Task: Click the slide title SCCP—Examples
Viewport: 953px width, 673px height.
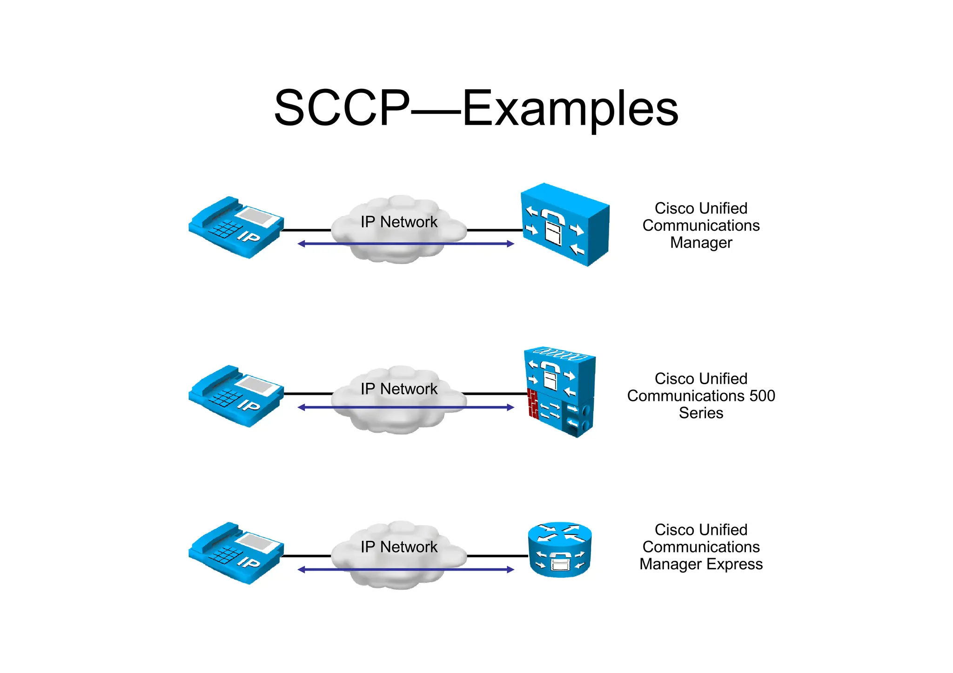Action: (x=476, y=108)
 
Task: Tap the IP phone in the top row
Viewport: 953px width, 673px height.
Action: (x=236, y=227)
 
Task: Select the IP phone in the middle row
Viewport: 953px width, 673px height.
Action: (x=236, y=396)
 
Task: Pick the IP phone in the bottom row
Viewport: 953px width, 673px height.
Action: (x=236, y=553)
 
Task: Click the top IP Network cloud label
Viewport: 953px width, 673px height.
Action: (x=399, y=222)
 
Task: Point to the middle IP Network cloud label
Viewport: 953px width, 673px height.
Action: (x=399, y=389)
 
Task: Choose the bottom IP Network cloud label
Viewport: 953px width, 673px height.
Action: (x=399, y=547)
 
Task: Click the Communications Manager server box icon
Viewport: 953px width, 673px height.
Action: (x=565, y=225)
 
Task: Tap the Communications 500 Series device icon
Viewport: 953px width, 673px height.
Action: (x=560, y=392)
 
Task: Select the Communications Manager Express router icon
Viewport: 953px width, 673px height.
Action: (x=560, y=550)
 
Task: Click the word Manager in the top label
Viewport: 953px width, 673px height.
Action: (x=701, y=243)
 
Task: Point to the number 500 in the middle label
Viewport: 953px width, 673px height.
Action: (x=762, y=396)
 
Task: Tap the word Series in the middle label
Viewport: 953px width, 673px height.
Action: (x=701, y=413)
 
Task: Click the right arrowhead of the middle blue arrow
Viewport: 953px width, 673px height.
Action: (x=510, y=407)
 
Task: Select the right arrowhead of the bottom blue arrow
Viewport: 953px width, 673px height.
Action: (x=510, y=570)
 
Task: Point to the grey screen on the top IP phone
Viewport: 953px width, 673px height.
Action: (x=255, y=216)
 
